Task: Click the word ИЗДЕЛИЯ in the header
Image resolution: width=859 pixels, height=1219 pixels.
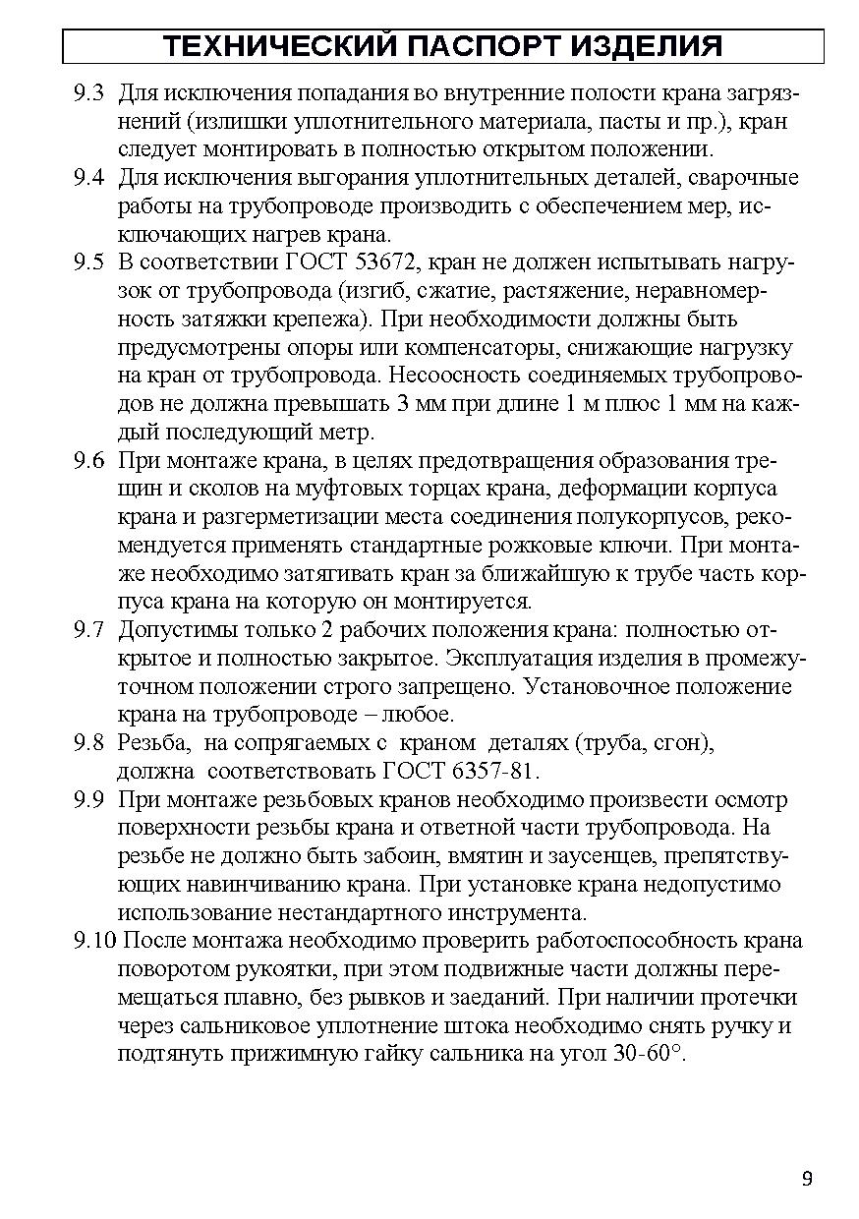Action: click(x=645, y=46)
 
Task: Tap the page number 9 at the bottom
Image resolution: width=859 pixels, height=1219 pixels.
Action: click(x=806, y=1179)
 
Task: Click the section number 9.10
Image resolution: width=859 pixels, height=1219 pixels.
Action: click(x=93, y=941)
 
